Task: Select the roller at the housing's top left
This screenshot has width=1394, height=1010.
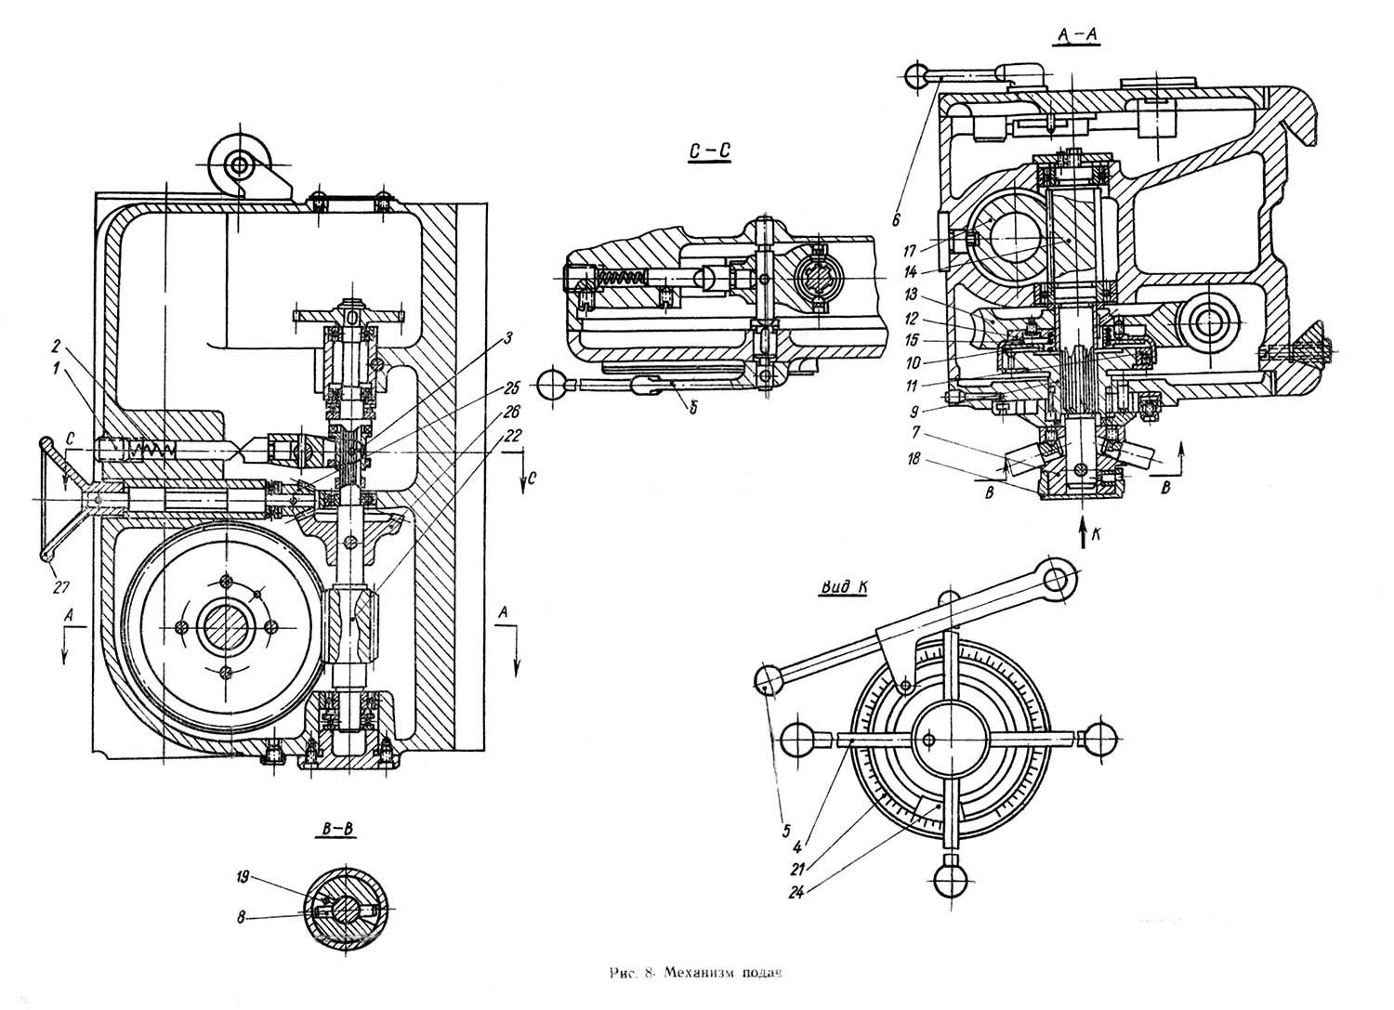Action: (x=240, y=165)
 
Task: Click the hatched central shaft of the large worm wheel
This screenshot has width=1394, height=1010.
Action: (x=225, y=626)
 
